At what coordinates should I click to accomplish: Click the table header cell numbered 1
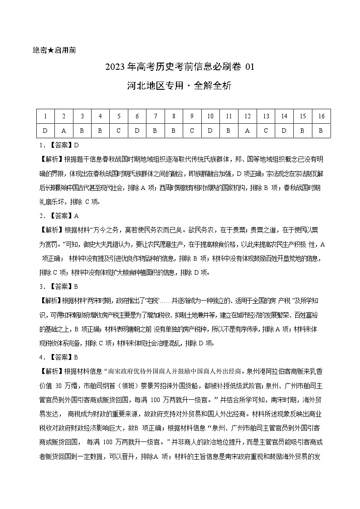pos(45,116)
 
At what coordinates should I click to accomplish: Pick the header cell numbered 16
pos(321,116)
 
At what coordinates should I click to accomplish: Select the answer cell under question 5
pos(119,130)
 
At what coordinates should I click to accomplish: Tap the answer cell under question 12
pos(248,130)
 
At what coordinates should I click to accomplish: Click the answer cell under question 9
pos(192,130)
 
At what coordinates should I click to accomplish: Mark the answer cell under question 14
pos(284,130)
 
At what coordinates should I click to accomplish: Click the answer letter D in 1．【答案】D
pos(77,145)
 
